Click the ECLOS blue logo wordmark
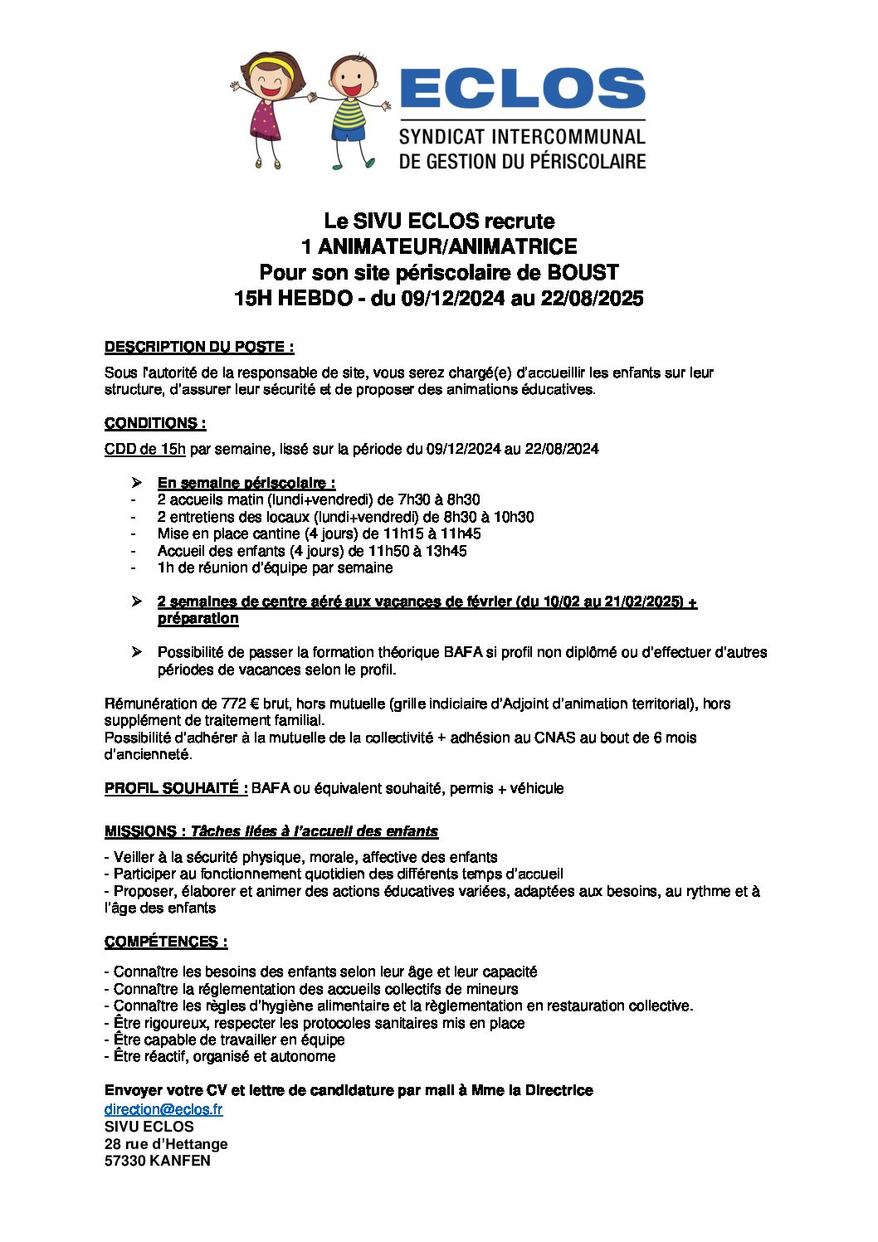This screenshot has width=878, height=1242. (522, 88)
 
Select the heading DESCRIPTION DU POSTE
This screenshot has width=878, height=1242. (198, 347)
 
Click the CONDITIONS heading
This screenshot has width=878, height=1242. (155, 423)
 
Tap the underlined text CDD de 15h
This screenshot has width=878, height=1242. (145, 449)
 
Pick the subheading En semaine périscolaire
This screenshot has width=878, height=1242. (246, 483)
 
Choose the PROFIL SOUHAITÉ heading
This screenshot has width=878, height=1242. (176, 788)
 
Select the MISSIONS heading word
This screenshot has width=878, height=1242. (139, 831)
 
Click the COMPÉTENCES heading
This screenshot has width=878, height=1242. (166, 942)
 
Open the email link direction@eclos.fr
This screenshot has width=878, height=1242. (163, 1109)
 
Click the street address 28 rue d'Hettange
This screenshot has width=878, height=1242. (166, 1144)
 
